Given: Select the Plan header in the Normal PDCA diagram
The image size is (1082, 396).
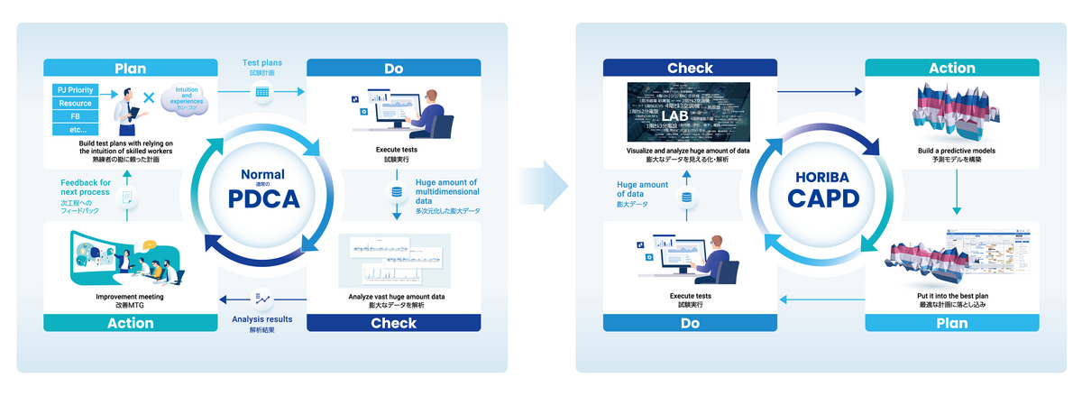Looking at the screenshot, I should click(131, 68).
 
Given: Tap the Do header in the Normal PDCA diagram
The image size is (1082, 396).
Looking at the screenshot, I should click(393, 68).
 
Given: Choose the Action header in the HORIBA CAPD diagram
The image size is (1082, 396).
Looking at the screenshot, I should click(952, 68).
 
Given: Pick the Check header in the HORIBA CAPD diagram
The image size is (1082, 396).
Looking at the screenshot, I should click(690, 68).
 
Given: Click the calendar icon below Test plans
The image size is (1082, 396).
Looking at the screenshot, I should click(262, 92).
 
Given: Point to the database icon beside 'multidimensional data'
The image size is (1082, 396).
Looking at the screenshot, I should click(396, 192).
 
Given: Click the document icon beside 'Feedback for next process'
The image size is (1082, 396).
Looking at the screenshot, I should click(127, 196).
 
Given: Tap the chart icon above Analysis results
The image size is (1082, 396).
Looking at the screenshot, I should click(262, 297).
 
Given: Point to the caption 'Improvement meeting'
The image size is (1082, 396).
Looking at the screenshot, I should click(131, 296).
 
